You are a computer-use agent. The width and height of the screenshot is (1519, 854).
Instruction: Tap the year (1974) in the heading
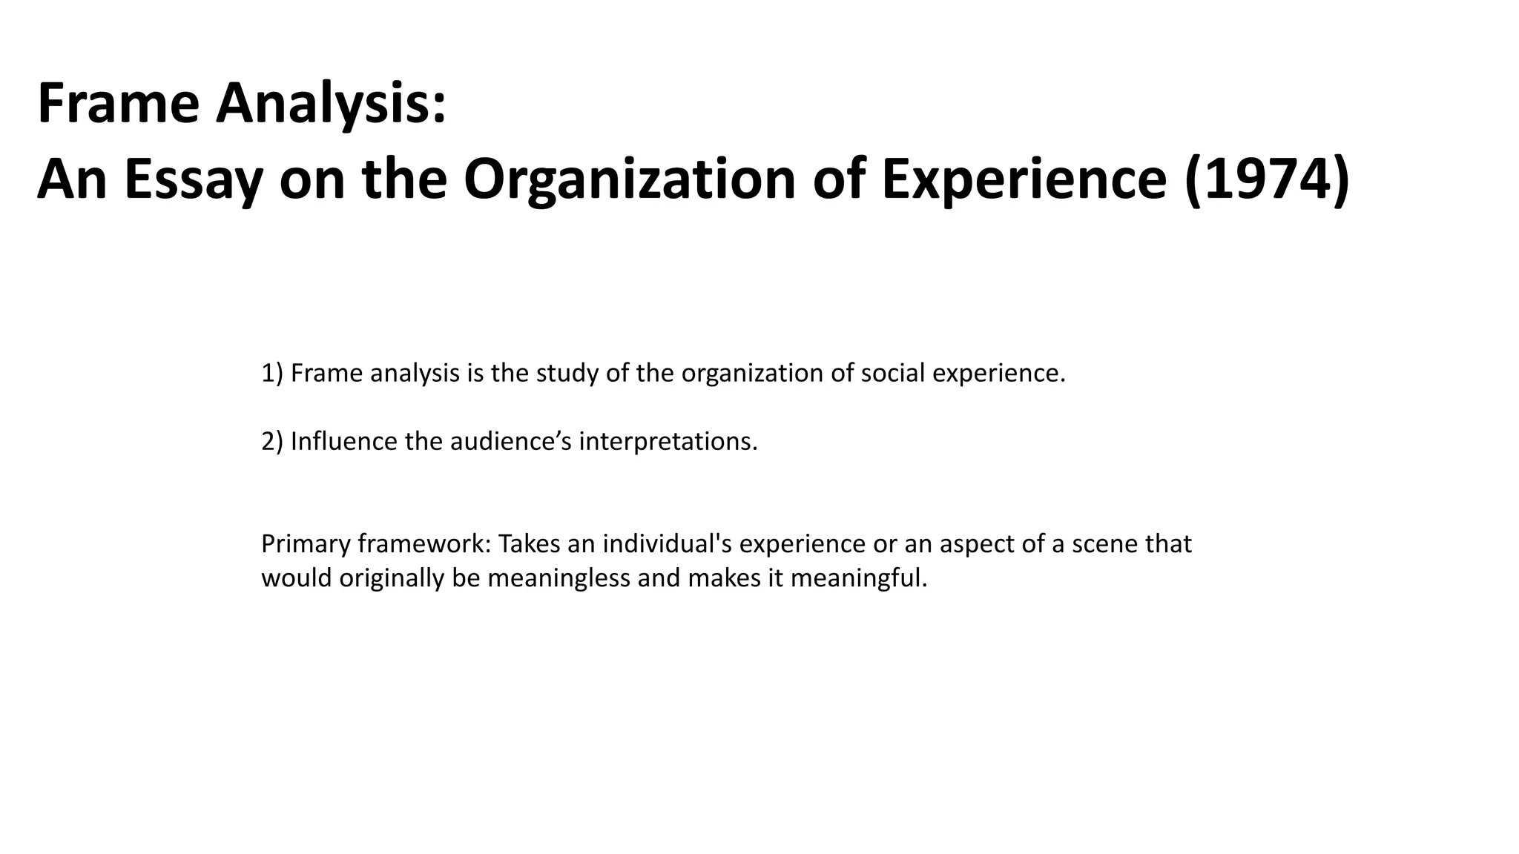click(x=1267, y=179)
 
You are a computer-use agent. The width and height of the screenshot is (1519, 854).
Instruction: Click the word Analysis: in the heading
click(x=331, y=104)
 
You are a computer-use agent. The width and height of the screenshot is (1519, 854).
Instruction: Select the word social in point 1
click(x=892, y=373)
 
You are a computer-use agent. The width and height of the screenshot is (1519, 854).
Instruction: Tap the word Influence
click(x=343, y=442)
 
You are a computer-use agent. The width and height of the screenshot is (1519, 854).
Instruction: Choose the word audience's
click(x=510, y=442)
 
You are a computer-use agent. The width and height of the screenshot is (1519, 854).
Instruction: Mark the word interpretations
click(x=668, y=442)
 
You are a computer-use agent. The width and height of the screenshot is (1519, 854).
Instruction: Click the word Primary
click(x=306, y=544)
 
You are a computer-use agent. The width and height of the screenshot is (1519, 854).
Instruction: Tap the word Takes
click(x=529, y=544)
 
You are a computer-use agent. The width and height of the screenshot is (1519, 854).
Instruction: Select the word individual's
click(x=667, y=544)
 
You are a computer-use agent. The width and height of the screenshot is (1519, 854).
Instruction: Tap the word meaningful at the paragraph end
click(x=858, y=578)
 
